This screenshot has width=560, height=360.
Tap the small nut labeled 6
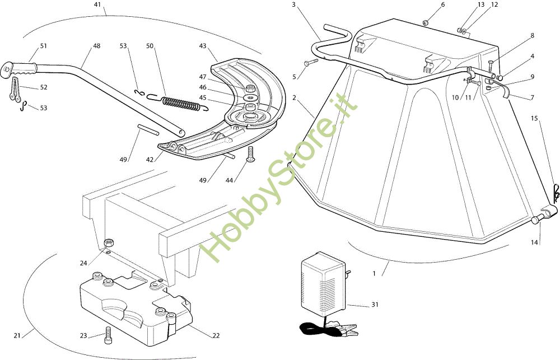[426, 22]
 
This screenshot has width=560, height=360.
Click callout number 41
[97, 4]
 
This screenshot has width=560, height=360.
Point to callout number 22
[216, 335]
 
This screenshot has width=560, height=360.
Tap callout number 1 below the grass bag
[374, 274]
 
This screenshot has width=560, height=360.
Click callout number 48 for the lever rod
[97, 46]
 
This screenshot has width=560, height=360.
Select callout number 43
[203, 46]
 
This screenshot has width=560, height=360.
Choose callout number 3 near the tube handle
[293, 4]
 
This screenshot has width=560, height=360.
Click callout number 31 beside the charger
[375, 305]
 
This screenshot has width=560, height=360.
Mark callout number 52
[44, 87]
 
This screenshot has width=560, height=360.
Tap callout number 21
[17, 335]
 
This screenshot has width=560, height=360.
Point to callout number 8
[532, 35]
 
